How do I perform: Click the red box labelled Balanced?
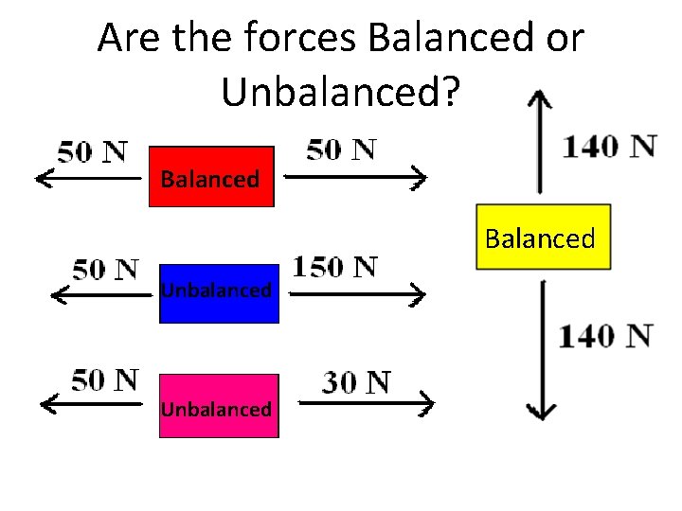click(211, 177)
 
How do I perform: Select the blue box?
click(219, 293)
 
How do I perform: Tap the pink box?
click(219, 407)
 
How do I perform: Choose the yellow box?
click(543, 238)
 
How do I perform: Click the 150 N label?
click(335, 267)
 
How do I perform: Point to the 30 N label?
click(356, 382)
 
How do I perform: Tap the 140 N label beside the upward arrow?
click(610, 147)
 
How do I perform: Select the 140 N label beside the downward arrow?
click(605, 336)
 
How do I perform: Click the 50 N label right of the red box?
click(341, 150)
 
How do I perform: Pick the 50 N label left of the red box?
click(93, 152)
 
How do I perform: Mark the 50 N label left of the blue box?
click(106, 269)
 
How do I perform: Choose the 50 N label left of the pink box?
click(104, 380)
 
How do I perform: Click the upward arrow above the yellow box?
click(540, 142)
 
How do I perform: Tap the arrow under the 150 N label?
click(355, 295)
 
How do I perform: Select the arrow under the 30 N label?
click(365, 405)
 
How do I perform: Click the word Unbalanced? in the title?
click(341, 92)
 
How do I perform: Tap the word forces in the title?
click(300, 39)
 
